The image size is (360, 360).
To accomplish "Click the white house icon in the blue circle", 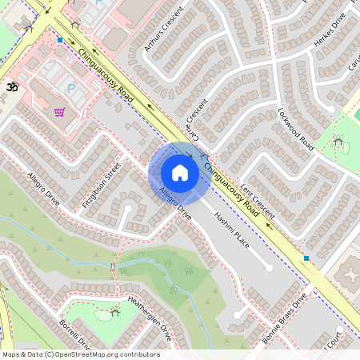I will [x=180, y=173].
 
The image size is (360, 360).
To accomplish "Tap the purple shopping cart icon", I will [x=59, y=113].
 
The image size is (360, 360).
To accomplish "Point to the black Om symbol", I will [x=11, y=86].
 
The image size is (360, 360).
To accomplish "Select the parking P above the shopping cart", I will [x=70, y=89].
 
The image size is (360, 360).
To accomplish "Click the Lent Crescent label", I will [x=258, y=201].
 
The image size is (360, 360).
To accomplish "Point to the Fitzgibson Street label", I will [x=102, y=186].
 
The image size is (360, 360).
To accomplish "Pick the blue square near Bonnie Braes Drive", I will [x=306, y=258].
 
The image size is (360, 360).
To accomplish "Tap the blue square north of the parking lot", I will [x=59, y=38].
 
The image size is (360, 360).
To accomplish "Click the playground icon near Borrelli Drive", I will [x=115, y=313].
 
